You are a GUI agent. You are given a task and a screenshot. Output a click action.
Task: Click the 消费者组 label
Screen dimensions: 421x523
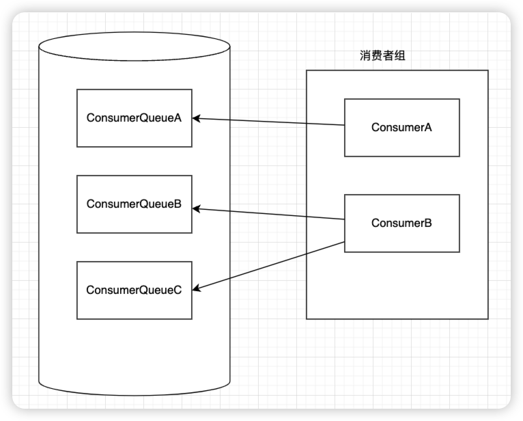[x=382, y=56]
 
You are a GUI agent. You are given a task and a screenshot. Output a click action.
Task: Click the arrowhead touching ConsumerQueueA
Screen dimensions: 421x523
[x=197, y=118]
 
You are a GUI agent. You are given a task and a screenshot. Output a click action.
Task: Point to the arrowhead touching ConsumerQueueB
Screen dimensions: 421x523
[x=197, y=208]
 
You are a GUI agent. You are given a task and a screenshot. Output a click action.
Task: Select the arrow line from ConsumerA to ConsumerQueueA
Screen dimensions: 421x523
[x=270, y=122]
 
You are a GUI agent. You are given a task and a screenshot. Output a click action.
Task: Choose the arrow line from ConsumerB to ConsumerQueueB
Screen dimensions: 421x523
[x=270, y=214]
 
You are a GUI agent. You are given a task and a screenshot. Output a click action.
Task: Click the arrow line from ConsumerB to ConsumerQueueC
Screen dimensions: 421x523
[x=270, y=267]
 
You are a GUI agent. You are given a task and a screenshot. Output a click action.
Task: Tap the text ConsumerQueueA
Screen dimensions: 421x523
[x=134, y=118]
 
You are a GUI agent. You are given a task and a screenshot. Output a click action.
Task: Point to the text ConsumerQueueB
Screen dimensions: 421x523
[x=134, y=204]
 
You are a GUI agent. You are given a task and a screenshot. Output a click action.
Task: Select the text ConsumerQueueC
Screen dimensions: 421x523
[x=134, y=290]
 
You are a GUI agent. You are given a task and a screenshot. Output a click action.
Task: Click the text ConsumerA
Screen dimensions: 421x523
[x=401, y=127]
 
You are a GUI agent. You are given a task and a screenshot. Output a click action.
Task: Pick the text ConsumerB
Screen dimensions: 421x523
[x=401, y=223]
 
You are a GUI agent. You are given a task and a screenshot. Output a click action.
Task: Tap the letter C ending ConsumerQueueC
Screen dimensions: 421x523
[x=178, y=290]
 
